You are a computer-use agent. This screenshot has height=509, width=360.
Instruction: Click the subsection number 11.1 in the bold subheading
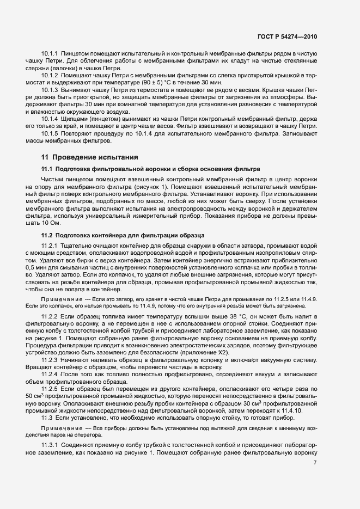point(48,170)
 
